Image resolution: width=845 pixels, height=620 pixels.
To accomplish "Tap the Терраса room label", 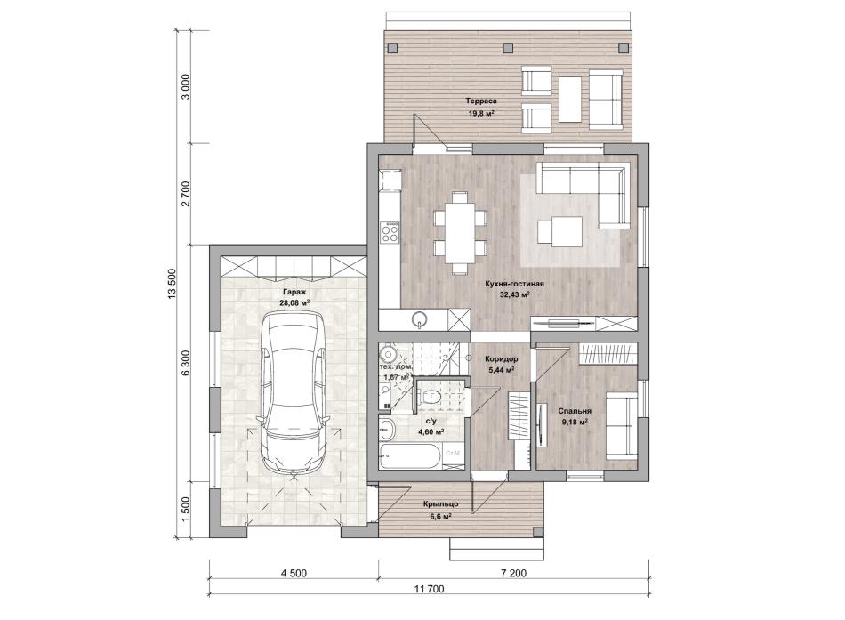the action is (x=480, y=101).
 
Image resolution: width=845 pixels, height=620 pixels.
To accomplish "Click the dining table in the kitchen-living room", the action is (x=460, y=232).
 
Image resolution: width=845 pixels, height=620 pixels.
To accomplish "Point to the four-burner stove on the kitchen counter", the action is (x=389, y=232).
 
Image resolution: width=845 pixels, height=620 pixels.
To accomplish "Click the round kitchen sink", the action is (x=420, y=319).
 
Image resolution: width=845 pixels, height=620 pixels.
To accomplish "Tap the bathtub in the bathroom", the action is (x=411, y=456).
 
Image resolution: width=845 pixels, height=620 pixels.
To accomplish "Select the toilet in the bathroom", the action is (x=430, y=397).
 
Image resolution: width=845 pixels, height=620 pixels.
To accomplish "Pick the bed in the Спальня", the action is (x=622, y=425).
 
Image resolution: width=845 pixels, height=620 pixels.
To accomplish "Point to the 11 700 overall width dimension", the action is (x=429, y=589).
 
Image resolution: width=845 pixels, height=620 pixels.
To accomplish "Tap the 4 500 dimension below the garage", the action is (x=294, y=573).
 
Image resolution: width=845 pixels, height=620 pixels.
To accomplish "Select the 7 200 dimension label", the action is (x=513, y=573).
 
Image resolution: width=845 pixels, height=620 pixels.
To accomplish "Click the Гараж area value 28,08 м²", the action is (x=294, y=303).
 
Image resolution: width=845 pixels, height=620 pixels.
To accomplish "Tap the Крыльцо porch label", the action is (x=441, y=504).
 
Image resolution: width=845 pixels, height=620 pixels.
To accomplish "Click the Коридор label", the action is (x=501, y=359).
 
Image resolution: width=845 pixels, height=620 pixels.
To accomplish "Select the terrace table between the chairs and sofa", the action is (x=570, y=100).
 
